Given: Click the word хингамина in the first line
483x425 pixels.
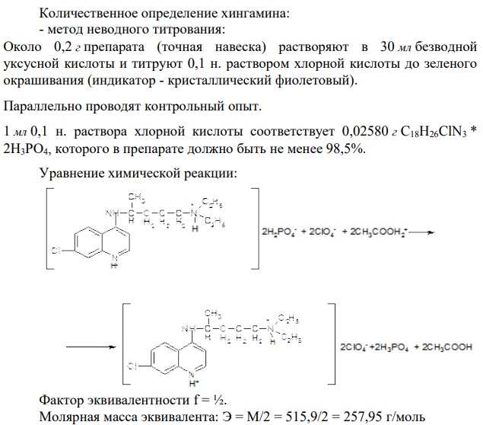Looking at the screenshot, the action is click(x=256, y=13).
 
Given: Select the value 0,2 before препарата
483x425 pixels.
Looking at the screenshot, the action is click(x=63, y=47).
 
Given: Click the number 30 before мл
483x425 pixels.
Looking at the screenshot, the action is click(x=387, y=46).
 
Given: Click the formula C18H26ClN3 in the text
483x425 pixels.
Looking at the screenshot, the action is click(x=434, y=133).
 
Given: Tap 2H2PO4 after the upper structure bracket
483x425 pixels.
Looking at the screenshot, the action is click(x=279, y=232).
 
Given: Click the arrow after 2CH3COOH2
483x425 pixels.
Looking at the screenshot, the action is click(x=421, y=232).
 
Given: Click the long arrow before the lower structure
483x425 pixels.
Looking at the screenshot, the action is click(x=91, y=347).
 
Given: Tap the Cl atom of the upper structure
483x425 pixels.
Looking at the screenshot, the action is click(x=56, y=251).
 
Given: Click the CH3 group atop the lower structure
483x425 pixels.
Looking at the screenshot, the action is click(x=213, y=314).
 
